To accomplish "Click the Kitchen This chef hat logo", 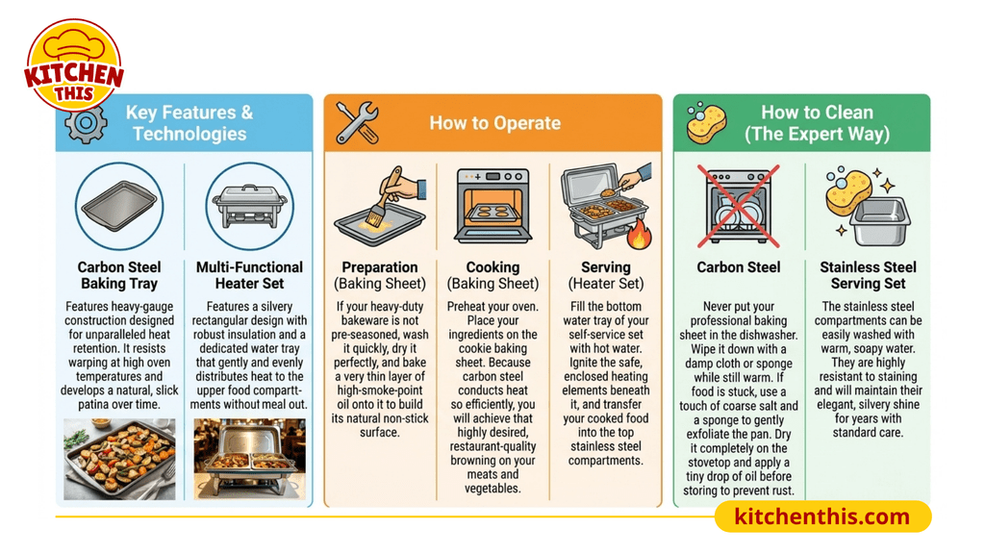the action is (74, 64).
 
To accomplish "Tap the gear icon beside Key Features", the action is (86, 124).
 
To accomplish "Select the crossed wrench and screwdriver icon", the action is (358, 122).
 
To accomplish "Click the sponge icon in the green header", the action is (706, 122).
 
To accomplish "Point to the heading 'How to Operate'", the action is (495, 123).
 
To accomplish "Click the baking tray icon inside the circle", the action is (119, 206).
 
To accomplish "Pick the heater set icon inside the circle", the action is (249, 206).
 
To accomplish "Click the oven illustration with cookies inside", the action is (493, 206).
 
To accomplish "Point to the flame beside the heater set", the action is (640, 234).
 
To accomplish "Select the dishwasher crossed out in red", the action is (739, 206).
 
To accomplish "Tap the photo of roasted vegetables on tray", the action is (119, 459).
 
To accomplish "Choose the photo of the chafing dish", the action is (249, 459).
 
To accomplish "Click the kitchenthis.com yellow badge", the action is (823, 516).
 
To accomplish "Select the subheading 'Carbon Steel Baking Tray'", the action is (119, 275).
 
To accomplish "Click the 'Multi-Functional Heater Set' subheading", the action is (249, 275).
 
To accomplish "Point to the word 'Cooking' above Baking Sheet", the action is (493, 267).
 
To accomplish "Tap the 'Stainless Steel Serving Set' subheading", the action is (869, 275).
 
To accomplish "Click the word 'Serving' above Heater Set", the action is (606, 267).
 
